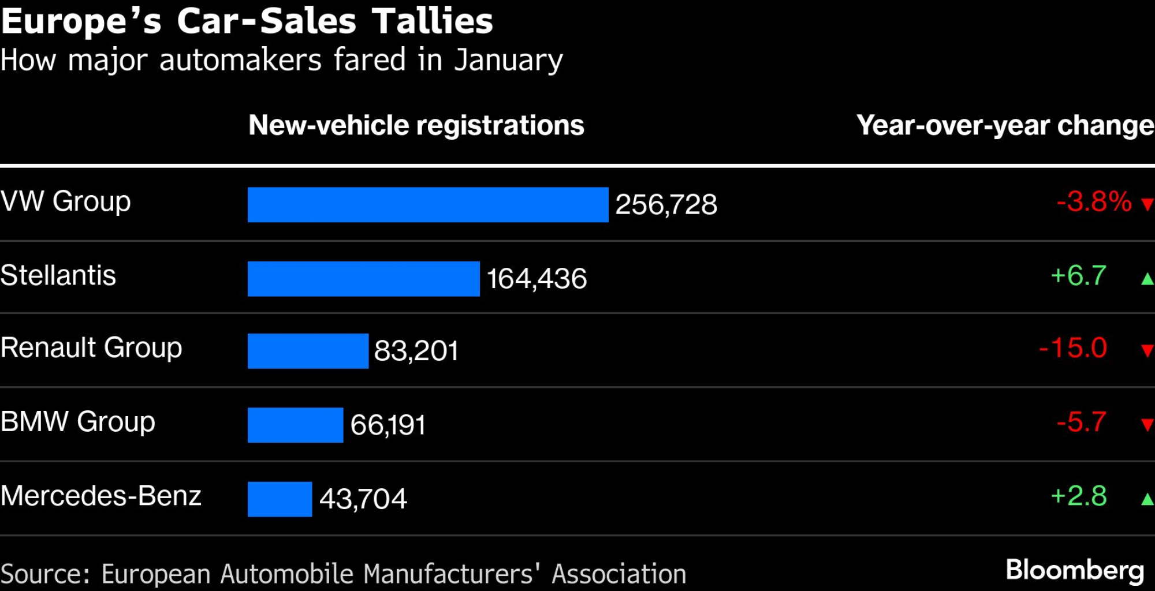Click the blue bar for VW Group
coord(428,204)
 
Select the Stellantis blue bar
coord(363,279)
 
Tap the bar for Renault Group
coord(308,351)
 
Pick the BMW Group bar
coord(295,425)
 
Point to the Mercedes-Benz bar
coord(280,499)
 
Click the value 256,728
coord(666,205)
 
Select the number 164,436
coord(536,279)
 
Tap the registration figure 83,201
coord(416,351)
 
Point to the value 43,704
coord(363,499)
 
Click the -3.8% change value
coord(1094,202)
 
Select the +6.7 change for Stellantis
coord(1078,276)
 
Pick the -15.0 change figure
coord(1072,348)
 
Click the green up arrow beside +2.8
coord(1147,499)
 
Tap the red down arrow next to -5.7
coord(1147,425)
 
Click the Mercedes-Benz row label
coord(101,496)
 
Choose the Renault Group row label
coord(91,348)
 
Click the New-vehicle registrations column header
coord(416,125)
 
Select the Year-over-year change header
coord(1005,125)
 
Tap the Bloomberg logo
coord(1075,570)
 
